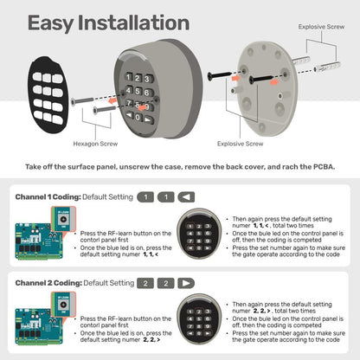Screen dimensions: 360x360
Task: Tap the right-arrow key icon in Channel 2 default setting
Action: tap(186, 283)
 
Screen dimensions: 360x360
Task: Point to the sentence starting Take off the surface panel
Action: tap(179, 164)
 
